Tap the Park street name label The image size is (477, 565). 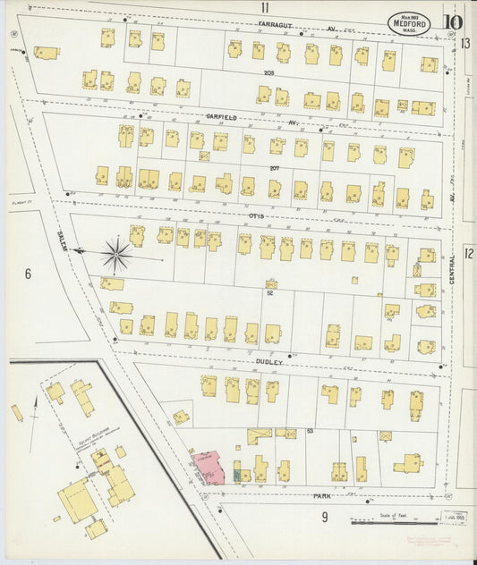(323, 494)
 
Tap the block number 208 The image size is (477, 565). (268, 72)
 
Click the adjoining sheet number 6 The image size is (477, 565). (28, 274)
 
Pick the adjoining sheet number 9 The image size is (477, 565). (325, 517)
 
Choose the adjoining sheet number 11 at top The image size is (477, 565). (266, 7)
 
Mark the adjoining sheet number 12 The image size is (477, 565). (468, 254)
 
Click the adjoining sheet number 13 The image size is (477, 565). (466, 42)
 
